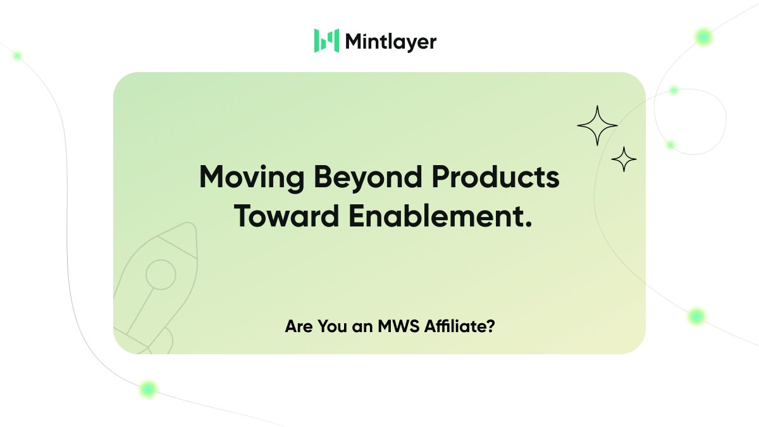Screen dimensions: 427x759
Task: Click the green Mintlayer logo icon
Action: pyautogui.click(x=326, y=40)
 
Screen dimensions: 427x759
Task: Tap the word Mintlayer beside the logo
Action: pyautogui.click(x=390, y=42)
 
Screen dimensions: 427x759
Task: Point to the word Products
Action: pyautogui.click(x=499, y=177)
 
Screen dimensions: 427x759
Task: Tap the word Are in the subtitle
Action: pyautogui.click(x=297, y=328)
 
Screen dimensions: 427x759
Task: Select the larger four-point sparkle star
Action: pyautogui.click(x=597, y=126)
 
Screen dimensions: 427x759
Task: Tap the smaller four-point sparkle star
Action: pyautogui.click(x=624, y=159)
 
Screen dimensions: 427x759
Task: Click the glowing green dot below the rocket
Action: pyautogui.click(x=148, y=388)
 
